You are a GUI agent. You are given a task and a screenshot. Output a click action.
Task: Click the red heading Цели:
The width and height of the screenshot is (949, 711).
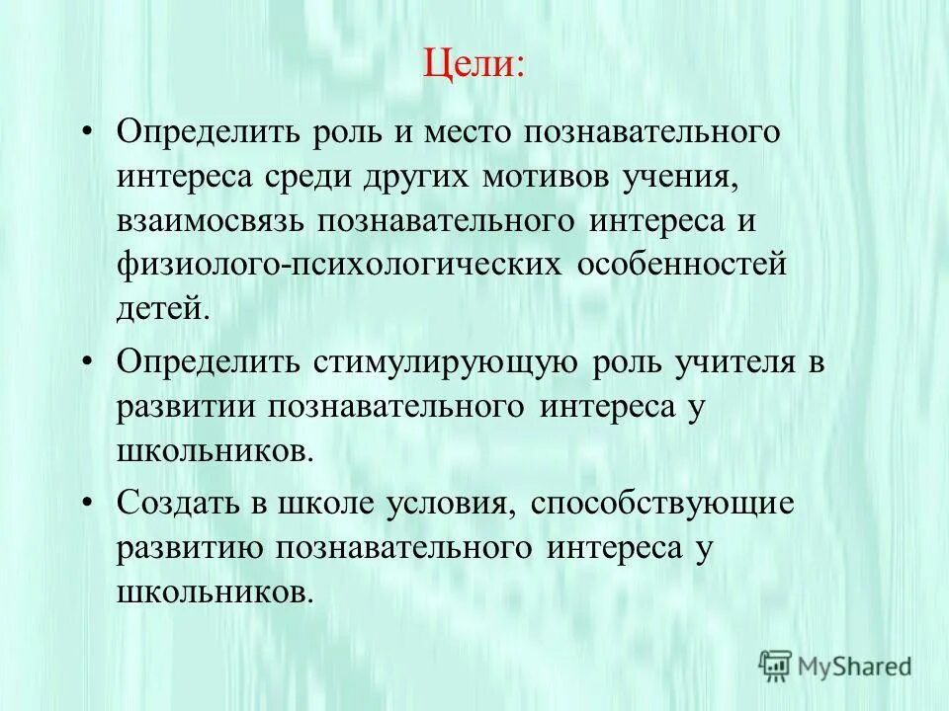coord(474,66)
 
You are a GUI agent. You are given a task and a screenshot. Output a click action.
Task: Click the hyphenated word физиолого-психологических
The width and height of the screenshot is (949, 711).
coord(340,266)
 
